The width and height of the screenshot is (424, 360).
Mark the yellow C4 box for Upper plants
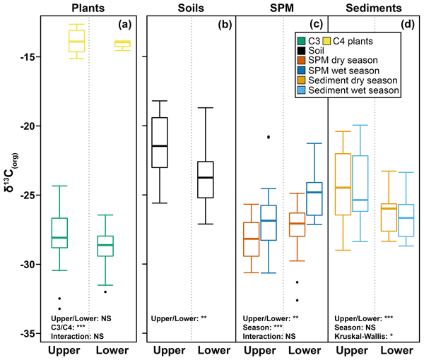(x=76, y=41)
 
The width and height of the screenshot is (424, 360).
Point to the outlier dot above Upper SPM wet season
(x=268, y=136)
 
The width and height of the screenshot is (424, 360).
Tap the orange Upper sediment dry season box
(x=343, y=184)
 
